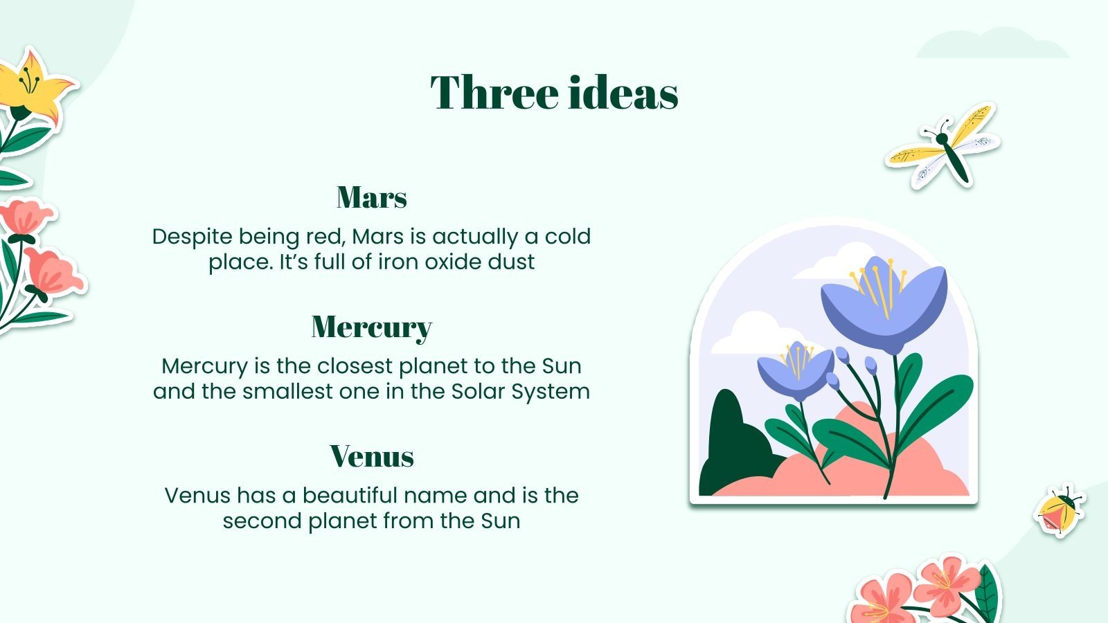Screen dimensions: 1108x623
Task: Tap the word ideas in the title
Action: pos(623,92)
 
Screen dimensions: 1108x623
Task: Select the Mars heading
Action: pos(372,197)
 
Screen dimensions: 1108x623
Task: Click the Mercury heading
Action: pos(372,327)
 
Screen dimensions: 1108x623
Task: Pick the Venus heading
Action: pos(372,456)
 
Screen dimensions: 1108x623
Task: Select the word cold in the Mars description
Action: pos(567,236)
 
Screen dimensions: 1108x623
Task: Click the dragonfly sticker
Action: pos(942,146)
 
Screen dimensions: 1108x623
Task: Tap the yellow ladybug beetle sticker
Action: pos(1060,512)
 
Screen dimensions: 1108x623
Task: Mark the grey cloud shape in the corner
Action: pos(992,44)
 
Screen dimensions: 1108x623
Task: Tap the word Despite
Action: pos(192,237)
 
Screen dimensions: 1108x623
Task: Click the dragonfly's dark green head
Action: pos(942,139)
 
